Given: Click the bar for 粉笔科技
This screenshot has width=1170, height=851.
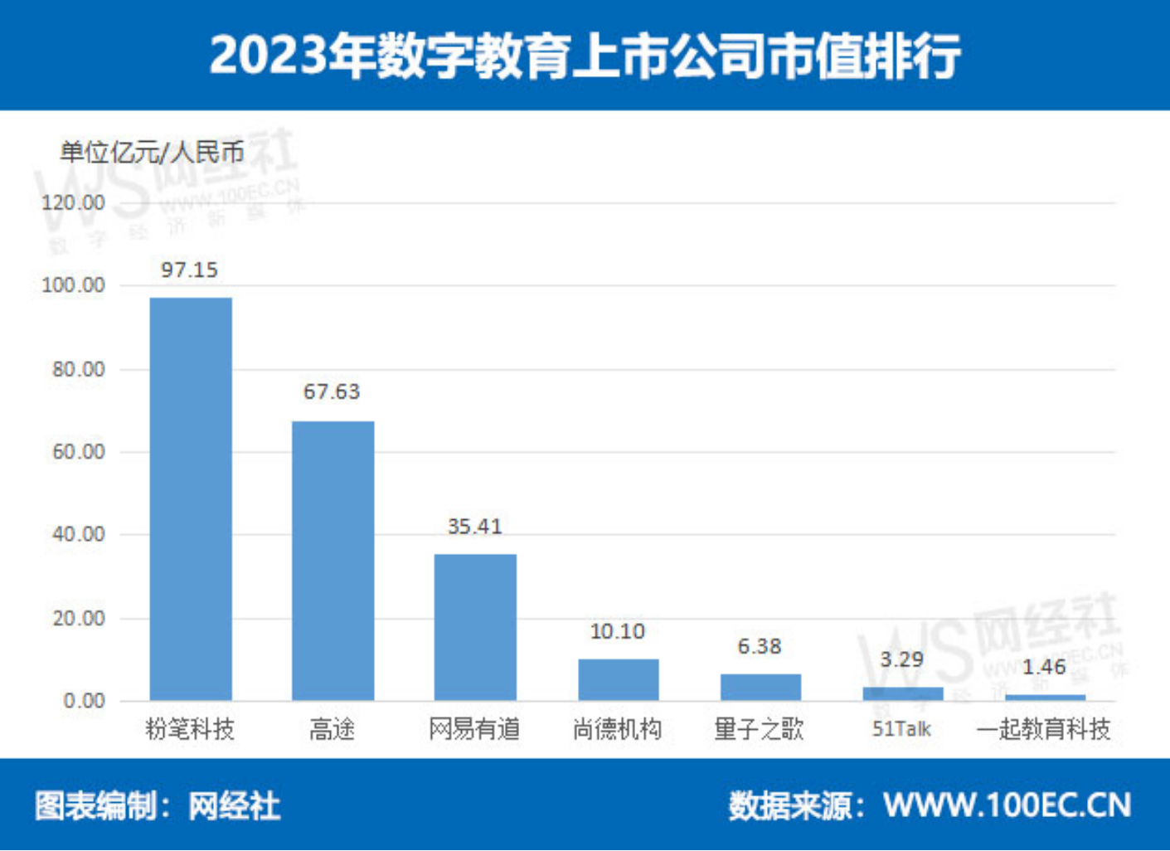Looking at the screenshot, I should [x=191, y=498].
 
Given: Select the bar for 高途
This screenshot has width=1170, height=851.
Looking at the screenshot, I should [x=333, y=561].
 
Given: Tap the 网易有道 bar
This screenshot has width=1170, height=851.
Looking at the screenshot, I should [x=475, y=627].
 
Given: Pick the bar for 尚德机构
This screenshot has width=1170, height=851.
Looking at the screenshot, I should [x=618, y=680].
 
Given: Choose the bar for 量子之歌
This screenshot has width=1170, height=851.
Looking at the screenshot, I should [x=760, y=688].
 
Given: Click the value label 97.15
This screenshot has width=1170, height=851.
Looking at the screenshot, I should [x=189, y=270].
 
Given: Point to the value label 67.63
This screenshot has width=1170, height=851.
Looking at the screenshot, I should [x=332, y=391].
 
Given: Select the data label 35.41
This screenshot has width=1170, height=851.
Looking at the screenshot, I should [x=474, y=527].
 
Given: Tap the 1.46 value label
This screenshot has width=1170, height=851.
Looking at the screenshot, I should [x=1044, y=667].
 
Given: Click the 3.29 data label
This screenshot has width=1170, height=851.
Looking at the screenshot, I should [x=901, y=659].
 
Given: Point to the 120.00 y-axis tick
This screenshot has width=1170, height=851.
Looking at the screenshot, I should [x=73, y=203].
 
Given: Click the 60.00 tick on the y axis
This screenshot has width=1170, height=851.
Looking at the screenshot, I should [x=78, y=452].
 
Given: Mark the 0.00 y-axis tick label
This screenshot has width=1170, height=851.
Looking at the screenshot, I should [x=84, y=702].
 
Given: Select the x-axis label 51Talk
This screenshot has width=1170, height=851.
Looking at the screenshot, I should [x=901, y=729].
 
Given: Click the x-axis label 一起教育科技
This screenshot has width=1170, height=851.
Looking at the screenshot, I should [x=1043, y=729].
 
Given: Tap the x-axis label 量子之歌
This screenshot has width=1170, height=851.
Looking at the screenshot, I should [x=759, y=729].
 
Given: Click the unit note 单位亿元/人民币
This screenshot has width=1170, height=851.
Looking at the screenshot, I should [x=152, y=152].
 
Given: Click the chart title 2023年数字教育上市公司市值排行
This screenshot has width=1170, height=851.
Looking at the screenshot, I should [x=585, y=56].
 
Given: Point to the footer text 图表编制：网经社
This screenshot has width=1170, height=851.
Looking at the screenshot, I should [x=158, y=805].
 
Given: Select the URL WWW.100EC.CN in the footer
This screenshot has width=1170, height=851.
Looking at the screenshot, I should [x=1007, y=805].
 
